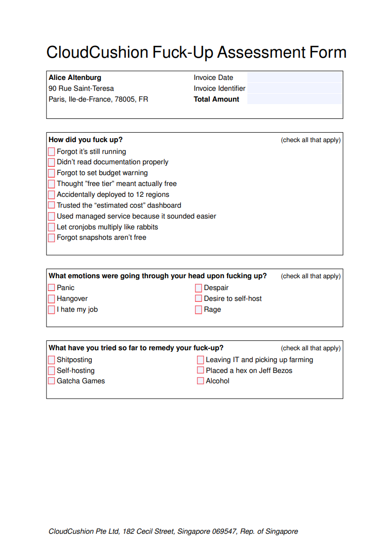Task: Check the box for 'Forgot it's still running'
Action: click(51, 151)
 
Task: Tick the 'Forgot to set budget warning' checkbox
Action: click(51, 173)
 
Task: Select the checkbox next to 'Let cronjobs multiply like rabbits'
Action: click(51, 227)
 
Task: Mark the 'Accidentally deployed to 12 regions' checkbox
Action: click(51, 195)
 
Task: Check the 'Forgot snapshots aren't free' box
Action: click(51, 238)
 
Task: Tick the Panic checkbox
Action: click(51, 288)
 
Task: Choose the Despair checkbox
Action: click(198, 288)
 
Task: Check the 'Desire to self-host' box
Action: click(198, 298)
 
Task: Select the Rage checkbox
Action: click(198, 310)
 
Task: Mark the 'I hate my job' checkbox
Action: click(51, 310)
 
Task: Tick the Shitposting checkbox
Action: click(51, 360)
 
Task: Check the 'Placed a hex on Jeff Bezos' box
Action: click(200, 370)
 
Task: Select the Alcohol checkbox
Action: click(200, 381)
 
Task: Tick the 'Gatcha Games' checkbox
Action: click(51, 381)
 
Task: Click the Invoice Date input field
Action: click(295, 77)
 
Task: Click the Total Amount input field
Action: click(295, 99)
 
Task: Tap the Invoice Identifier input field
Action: click(295, 88)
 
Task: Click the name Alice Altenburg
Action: click(75, 77)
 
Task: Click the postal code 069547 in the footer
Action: click(226, 531)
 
